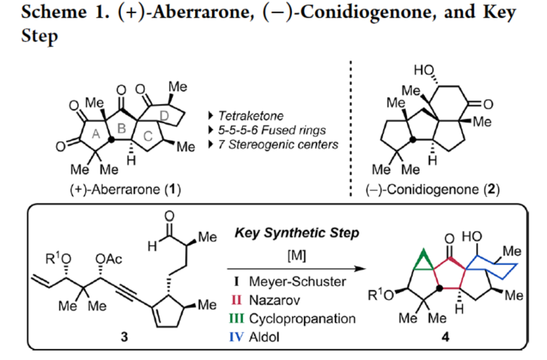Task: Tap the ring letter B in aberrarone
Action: [x=122, y=128]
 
